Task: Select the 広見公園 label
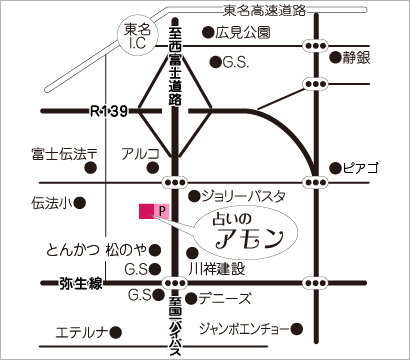(x=243, y=33)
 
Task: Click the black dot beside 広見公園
(x=207, y=33)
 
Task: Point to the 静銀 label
(x=357, y=57)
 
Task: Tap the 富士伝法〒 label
(x=62, y=154)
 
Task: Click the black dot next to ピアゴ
(x=336, y=168)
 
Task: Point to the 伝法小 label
(x=52, y=202)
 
